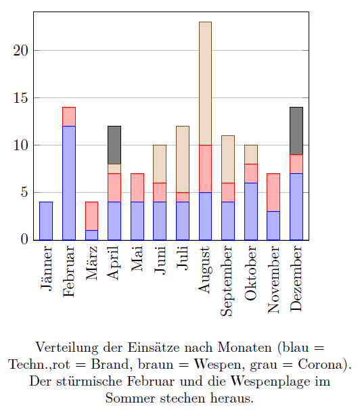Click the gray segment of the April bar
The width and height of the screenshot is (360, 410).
114,145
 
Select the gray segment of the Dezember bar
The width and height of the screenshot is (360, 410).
296,131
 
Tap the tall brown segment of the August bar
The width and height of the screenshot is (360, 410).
205,83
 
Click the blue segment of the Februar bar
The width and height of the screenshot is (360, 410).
69,183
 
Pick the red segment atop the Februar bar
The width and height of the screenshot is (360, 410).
69,116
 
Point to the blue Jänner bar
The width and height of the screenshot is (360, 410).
46,221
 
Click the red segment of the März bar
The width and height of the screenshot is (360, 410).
91,216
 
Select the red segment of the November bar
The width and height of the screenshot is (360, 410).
273,192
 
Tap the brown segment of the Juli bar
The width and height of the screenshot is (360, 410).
183,159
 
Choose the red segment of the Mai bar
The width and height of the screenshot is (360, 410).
137,187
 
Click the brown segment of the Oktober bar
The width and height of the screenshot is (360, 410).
251,154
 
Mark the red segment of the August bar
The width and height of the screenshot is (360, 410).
205,168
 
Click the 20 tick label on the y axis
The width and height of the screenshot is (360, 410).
20,50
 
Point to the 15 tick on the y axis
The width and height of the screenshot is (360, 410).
20,98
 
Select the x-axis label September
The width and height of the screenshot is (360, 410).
227,281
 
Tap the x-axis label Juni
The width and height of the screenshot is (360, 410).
160,260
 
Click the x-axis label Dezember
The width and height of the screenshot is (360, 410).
296,279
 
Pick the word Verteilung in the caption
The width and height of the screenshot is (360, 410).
67,348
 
